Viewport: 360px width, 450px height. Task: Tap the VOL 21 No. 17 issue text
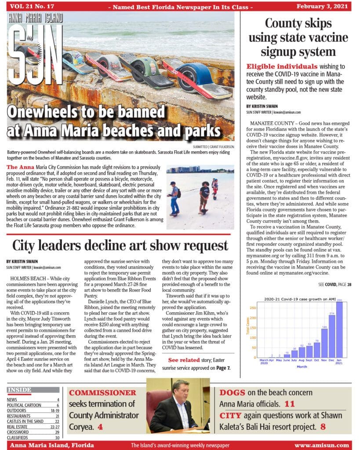tap(30, 6)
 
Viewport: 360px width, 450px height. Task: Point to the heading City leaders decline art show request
tap(120, 245)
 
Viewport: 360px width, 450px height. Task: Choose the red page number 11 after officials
tap(289, 404)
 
